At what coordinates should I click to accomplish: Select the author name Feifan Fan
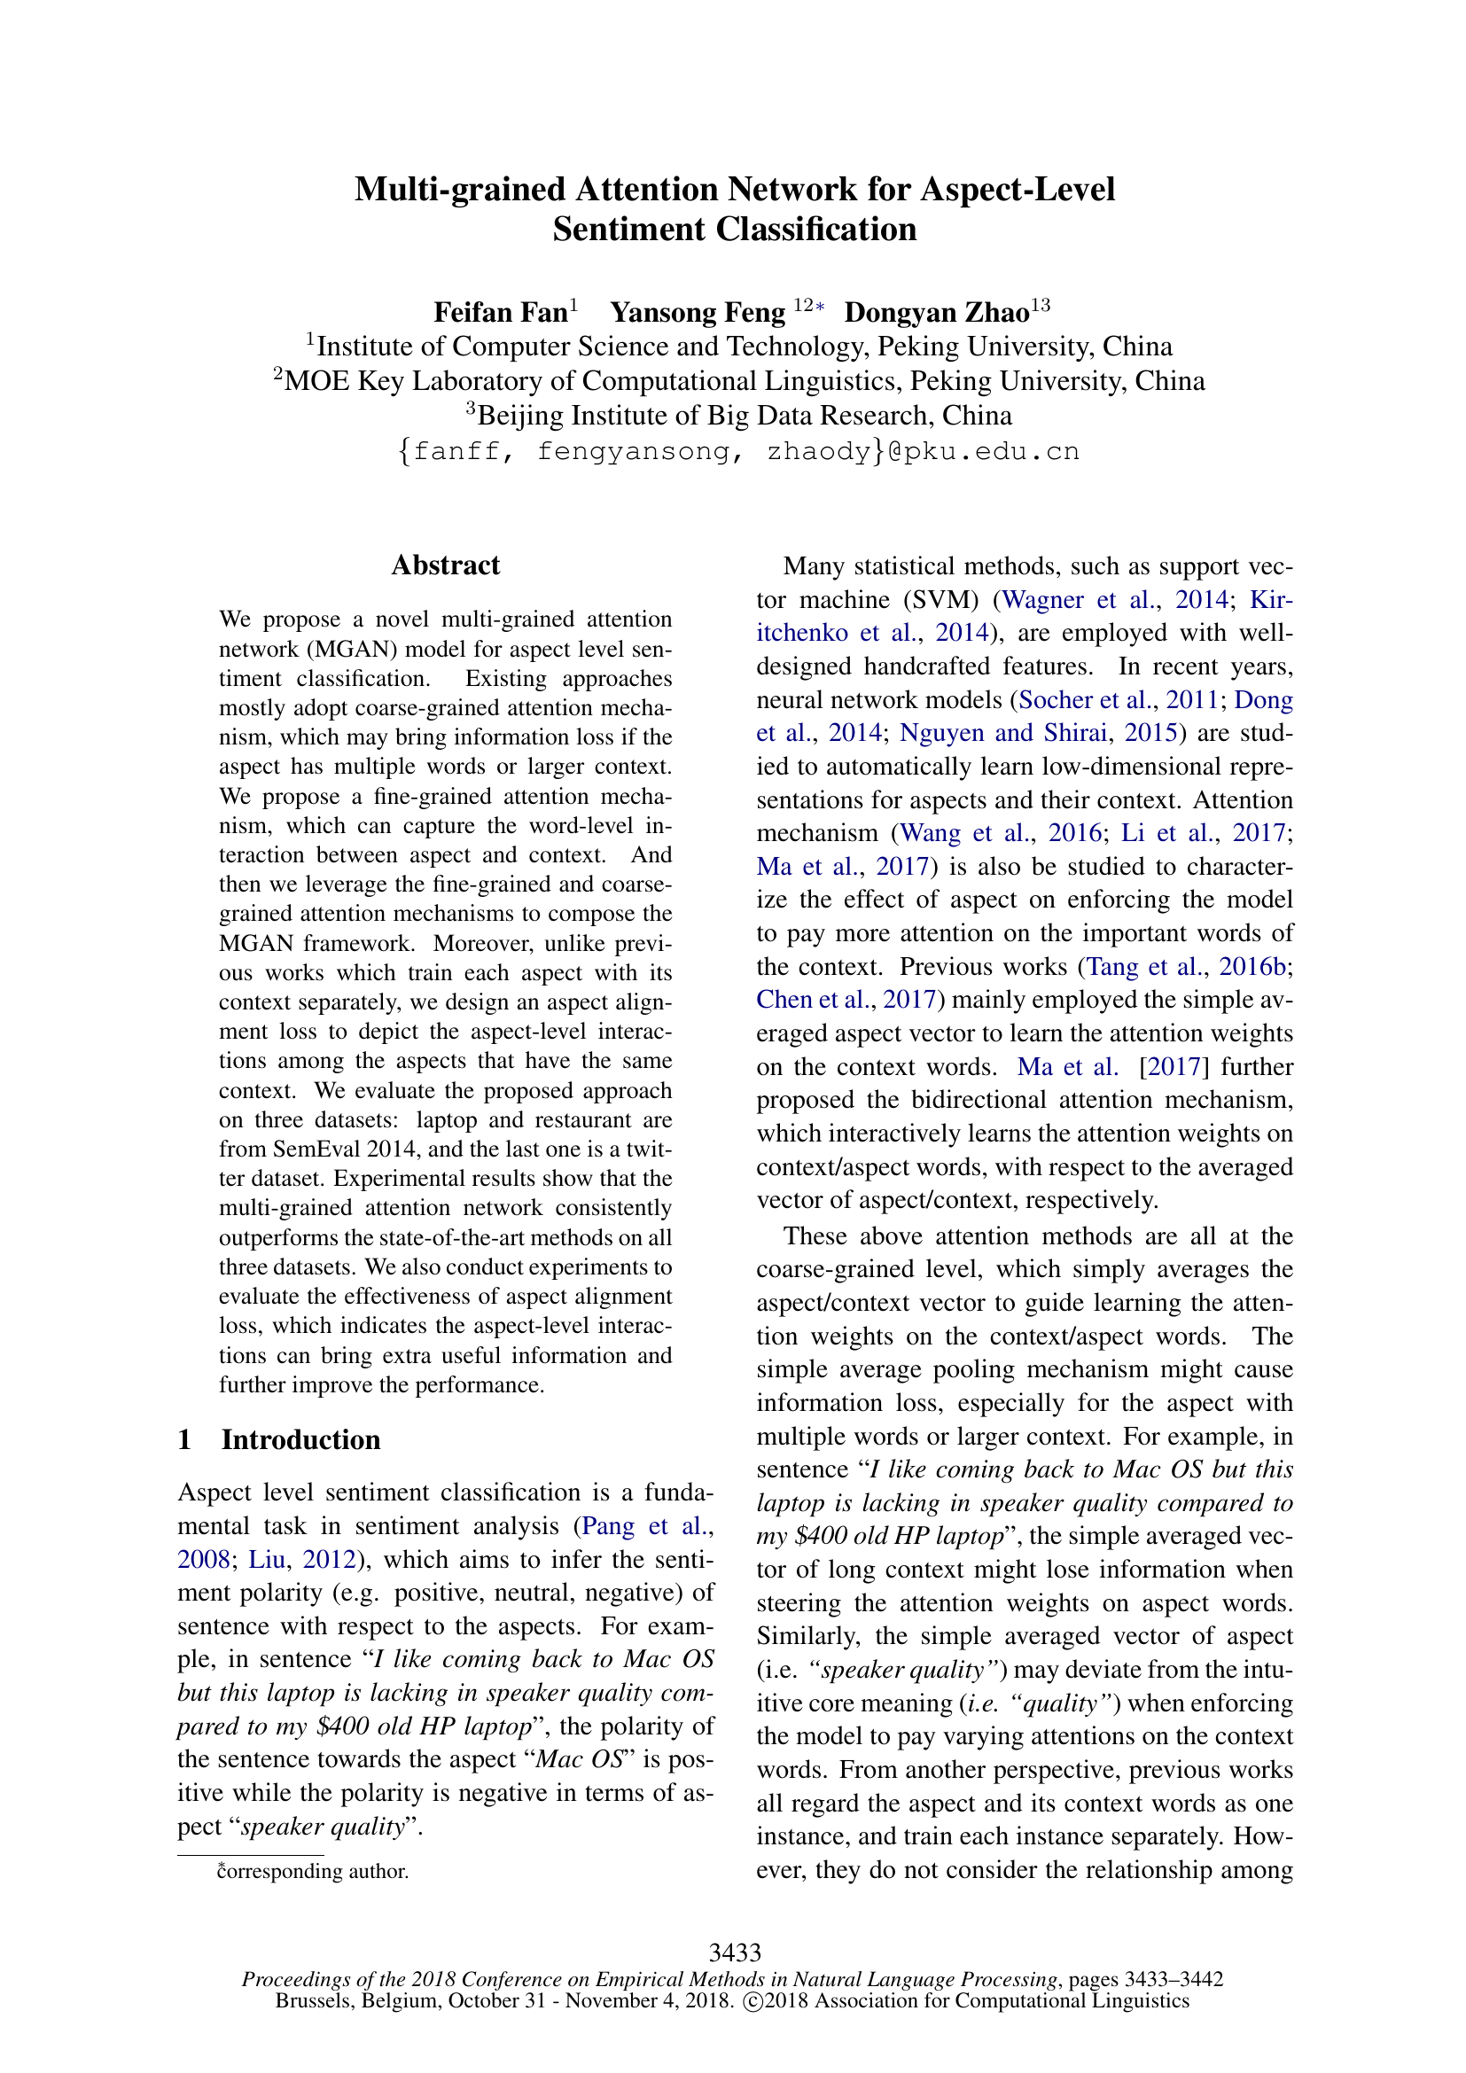(500, 312)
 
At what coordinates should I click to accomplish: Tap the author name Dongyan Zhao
(936, 312)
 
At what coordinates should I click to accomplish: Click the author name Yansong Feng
(697, 312)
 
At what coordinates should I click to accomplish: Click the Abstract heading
(445, 565)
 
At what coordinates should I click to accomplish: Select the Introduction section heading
(300, 1439)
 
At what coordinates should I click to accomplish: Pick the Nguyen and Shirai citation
(1003, 733)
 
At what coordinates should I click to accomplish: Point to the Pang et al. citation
(643, 1526)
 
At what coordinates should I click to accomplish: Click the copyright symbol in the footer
(751, 2001)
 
